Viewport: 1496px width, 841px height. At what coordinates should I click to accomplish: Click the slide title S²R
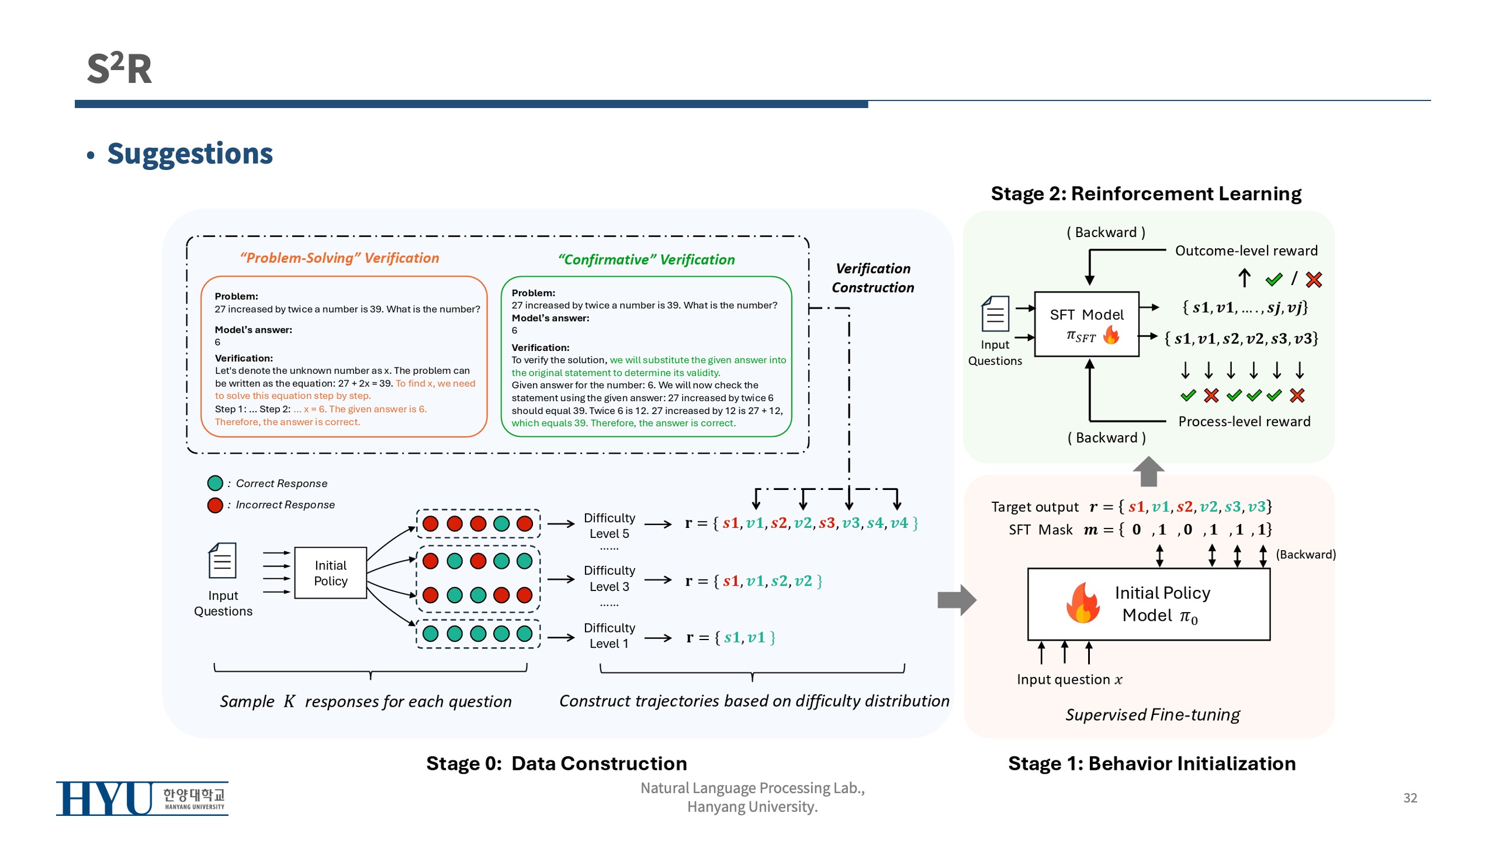tap(119, 68)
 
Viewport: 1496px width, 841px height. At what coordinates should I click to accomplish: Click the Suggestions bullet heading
tap(189, 154)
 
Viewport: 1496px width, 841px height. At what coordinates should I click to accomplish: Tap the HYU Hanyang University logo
tap(142, 798)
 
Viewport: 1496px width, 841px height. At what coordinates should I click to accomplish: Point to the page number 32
tap(1410, 798)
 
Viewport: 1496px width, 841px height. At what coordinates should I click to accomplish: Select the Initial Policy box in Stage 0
tap(330, 573)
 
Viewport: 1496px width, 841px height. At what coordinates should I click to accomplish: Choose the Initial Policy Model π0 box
tap(1148, 604)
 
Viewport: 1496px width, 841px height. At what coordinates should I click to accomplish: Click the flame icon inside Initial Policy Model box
tap(1082, 603)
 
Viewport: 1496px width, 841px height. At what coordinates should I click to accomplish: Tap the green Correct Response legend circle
tap(215, 483)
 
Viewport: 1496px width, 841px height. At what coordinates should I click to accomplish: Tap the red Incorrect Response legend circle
tap(215, 505)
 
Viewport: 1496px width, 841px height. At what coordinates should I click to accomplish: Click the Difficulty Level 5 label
tap(609, 526)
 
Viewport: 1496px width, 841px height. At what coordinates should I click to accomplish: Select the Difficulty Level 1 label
tap(609, 635)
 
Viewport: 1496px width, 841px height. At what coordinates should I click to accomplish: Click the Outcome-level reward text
tap(1246, 251)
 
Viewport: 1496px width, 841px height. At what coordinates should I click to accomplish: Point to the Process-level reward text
tap(1244, 422)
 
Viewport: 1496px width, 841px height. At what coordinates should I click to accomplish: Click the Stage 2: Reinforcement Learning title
tap(1145, 193)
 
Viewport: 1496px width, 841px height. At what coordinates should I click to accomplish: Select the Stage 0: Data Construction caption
tap(556, 763)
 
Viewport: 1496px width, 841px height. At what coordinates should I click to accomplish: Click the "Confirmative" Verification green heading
tap(646, 260)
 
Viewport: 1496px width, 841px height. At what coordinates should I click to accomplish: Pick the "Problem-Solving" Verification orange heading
tap(340, 258)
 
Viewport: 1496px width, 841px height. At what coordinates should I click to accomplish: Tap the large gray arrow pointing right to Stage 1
tap(957, 600)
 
